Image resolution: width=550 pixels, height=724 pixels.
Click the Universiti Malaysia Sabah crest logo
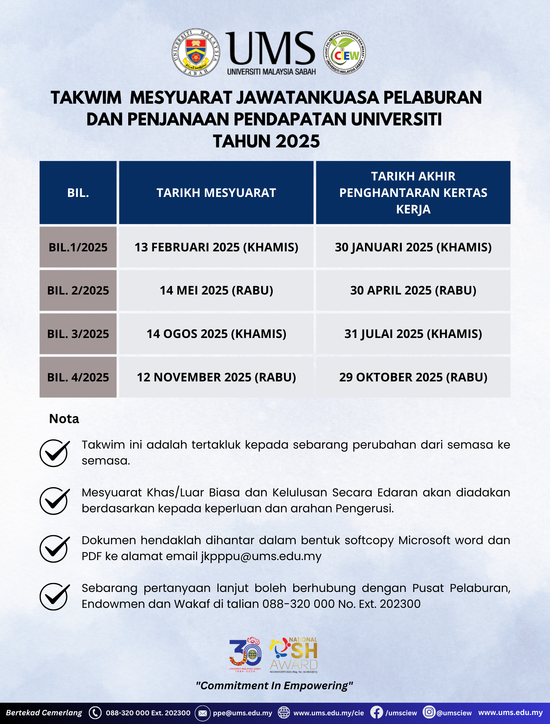[196, 52]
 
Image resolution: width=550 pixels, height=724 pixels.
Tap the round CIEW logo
[344, 52]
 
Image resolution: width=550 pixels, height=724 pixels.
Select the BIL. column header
[78, 193]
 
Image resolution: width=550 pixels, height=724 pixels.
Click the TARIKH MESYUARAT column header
[216, 193]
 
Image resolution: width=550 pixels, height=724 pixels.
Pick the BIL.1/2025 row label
[78, 247]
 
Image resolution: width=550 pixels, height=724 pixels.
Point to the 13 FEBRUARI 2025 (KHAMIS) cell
[216, 247]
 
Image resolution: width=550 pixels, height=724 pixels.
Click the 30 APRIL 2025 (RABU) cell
[413, 290]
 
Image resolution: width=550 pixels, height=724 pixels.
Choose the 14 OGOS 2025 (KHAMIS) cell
[216, 334]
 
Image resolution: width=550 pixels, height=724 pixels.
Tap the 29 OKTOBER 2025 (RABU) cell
[413, 377]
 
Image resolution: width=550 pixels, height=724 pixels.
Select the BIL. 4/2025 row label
[78, 377]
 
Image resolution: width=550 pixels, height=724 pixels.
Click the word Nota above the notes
[64, 419]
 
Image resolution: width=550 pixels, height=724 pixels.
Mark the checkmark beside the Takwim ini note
[54, 453]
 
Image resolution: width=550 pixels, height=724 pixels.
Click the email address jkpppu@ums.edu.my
[261, 556]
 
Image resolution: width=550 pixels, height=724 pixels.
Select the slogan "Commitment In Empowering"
[274, 685]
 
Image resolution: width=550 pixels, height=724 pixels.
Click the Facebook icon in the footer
[377, 713]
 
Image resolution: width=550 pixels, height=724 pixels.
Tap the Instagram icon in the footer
[429, 712]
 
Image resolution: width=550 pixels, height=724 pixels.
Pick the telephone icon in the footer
[95, 713]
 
